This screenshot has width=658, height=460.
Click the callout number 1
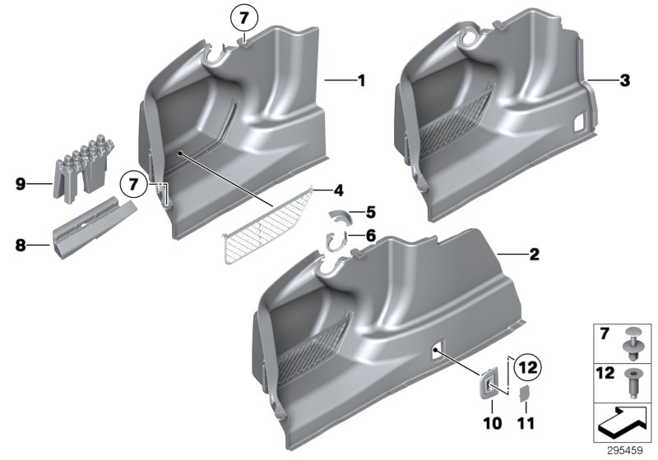point(359,80)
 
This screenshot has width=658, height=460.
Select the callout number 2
point(533,255)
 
